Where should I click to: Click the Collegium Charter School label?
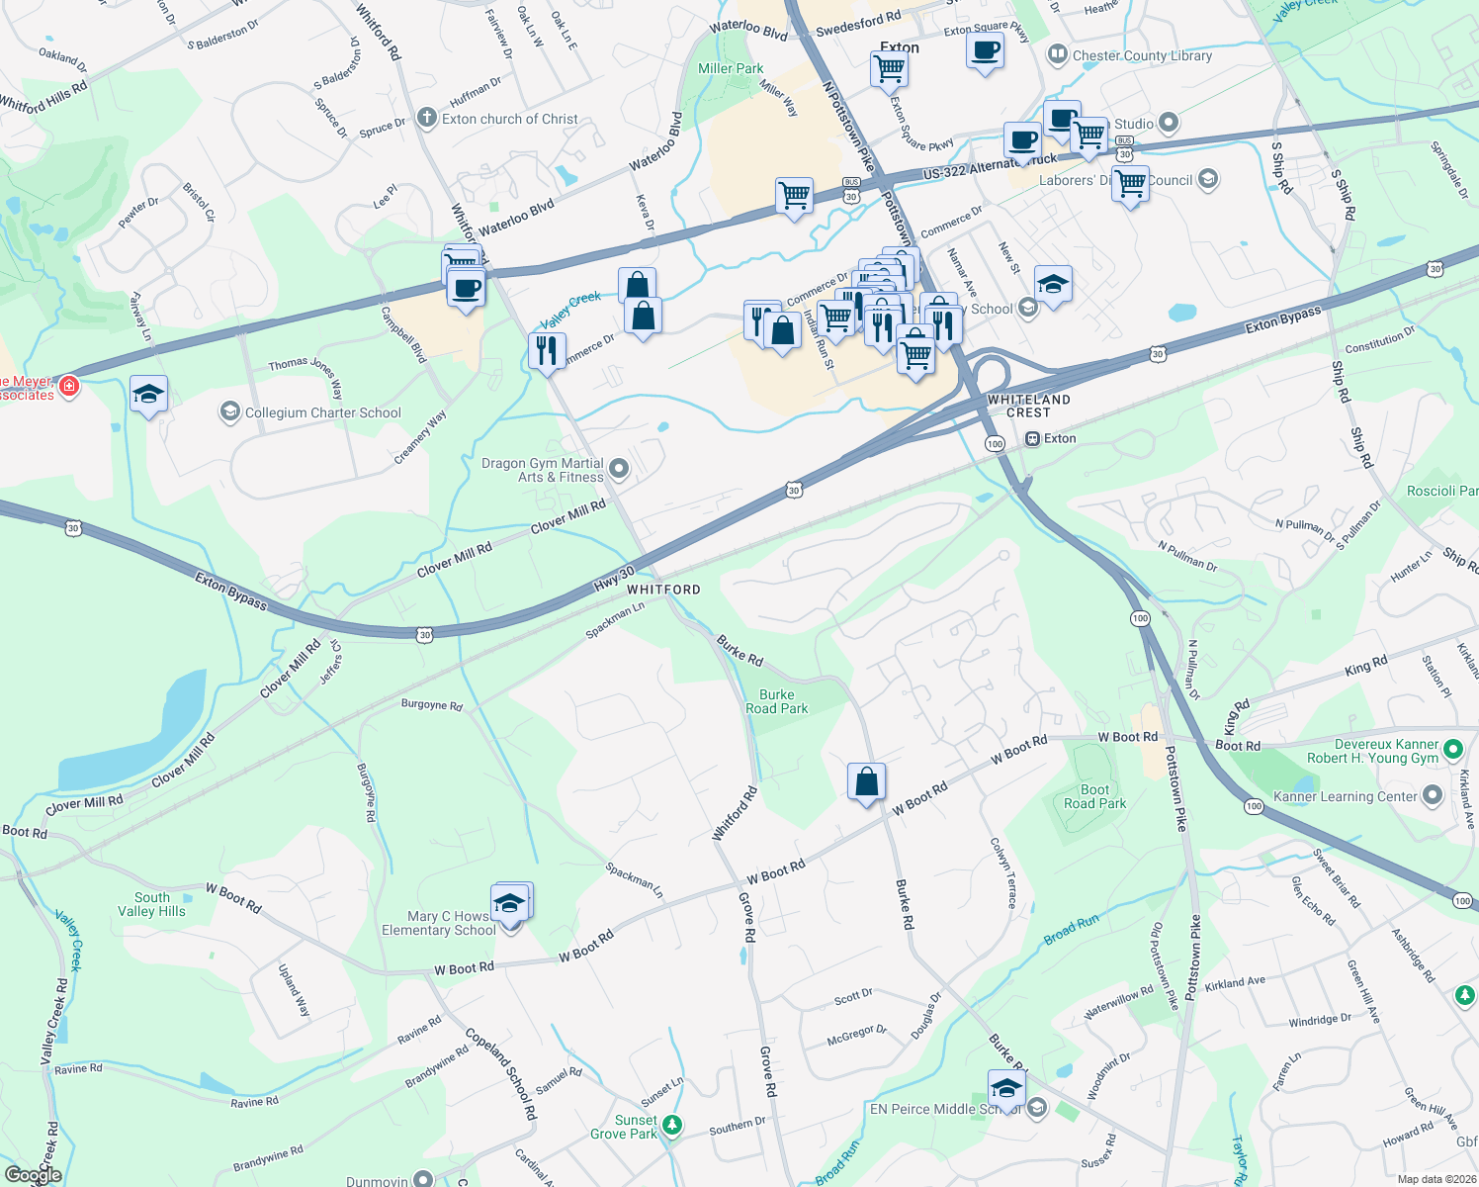[322, 412]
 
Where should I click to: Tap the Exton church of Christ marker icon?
[426, 119]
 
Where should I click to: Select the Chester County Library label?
[1142, 55]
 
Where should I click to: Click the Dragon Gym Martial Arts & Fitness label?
[542, 470]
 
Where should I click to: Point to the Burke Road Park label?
[776, 701]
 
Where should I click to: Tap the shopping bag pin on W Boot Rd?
[866, 782]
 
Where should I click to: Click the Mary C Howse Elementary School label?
[439, 923]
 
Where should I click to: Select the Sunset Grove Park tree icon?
[672, 1125]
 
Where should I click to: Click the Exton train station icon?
[1032, 438]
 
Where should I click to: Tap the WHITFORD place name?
[663, 590]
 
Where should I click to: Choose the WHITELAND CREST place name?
[1028, 406]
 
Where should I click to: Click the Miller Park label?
[731, 68]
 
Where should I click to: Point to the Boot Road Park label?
[1094, 796]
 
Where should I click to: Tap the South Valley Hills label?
[151, 904]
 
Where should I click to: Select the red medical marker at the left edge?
[69, 386]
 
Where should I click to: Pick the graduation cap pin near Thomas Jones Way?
[148, 395]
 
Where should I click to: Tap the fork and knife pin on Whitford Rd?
[546, 349]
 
